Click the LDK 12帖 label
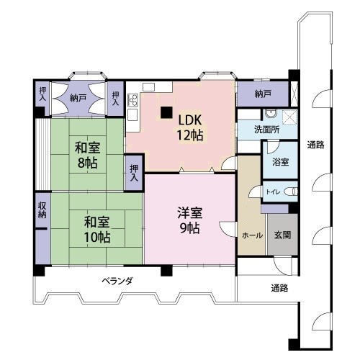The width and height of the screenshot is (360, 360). click(190, 127)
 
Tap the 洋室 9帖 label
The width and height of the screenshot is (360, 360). click(190, 220)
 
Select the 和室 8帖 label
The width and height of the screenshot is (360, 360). click(87, 155)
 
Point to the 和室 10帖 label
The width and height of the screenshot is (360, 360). click(97, 229)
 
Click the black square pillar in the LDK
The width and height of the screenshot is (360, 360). click(166, 112)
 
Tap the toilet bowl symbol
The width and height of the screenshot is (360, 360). click(291, 192)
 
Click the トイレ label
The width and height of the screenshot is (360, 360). click(273, 192)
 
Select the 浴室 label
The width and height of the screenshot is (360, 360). click(280, 162)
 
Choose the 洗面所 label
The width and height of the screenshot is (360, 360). click(266, 130)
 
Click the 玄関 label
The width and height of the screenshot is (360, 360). click(283, 235)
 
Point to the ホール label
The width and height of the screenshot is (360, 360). click(252, 235)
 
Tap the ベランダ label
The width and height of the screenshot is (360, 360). click(117, 281)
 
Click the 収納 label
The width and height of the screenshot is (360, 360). click(42, 210)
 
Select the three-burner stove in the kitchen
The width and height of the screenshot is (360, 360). click(133, 100)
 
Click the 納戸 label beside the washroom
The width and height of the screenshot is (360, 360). click(263, 94)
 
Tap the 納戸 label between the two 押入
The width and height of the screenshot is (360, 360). click(78, 98)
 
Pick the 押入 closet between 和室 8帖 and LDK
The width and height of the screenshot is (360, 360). click(134, 173)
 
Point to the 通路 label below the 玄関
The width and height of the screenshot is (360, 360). click(279, 288)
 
